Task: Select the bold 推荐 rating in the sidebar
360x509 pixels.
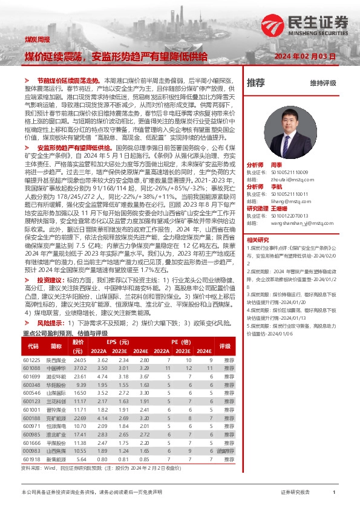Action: pyautogui.click(x=256, y=82)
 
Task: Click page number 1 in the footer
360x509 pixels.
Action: pyautogui.click(x=334, y=493)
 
